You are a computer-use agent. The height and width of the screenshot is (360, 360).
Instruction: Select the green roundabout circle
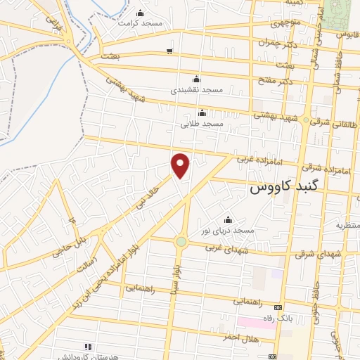pos(181,242)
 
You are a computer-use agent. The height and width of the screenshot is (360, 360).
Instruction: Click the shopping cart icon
pos(169,51)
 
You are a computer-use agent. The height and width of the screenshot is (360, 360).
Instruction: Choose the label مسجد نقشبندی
pos(196,90)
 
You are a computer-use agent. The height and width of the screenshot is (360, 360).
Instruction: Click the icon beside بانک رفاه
pos(278,308)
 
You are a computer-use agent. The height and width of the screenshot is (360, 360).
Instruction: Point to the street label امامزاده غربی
pos(259,161)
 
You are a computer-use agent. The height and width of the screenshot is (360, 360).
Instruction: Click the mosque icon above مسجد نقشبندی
pos(196,79)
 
